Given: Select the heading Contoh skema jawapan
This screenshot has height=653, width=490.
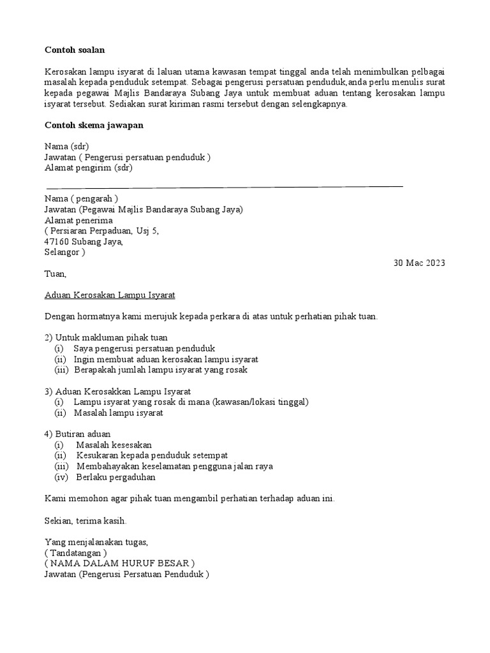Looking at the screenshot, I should coord(94,125).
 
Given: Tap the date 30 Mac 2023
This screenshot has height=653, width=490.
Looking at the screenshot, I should coord(419,263).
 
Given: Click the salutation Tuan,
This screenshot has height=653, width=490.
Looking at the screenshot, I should coord(55,274).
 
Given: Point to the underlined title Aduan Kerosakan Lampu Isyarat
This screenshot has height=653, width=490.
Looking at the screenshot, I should coord(110,295).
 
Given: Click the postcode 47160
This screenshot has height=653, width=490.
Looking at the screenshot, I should coord(57,241).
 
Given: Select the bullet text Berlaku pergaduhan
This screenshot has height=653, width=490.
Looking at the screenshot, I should coord(115,477).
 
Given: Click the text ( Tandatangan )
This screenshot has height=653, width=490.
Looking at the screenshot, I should coord(75,553).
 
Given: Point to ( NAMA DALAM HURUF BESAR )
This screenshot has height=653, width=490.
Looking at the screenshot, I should coord(119,564).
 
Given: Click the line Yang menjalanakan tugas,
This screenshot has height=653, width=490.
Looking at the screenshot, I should coord(96,542).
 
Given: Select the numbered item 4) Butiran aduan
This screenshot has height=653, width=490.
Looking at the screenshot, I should coord(77,434).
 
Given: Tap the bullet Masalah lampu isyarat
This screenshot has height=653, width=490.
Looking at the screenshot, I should coord(119,413).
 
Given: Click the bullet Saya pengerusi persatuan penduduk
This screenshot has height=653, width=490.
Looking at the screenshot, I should coord(144,348).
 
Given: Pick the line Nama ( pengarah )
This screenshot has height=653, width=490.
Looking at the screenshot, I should coord(81,198).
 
